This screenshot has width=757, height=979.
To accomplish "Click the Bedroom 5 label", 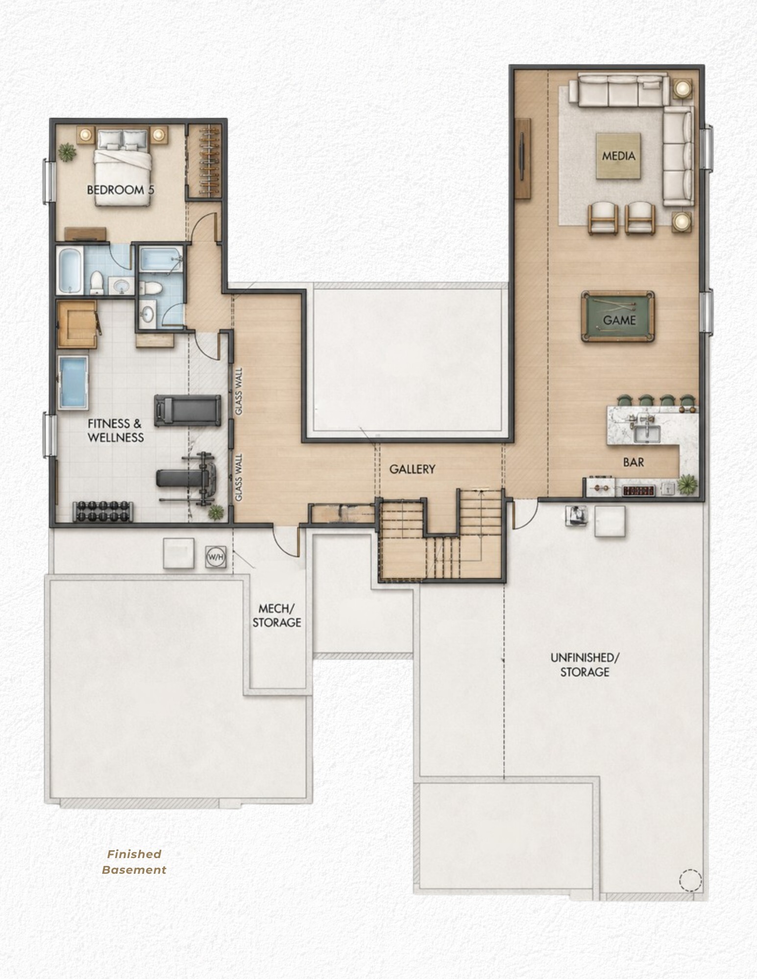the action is coord(121,190).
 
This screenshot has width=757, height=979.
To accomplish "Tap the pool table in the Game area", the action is coord(617,316).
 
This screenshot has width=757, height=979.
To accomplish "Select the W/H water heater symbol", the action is coord(216,557).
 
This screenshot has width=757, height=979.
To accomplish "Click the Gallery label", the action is coord(412,469).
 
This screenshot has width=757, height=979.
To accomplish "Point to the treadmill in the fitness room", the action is coord(187,410).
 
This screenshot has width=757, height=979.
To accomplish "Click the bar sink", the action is coord(647,433).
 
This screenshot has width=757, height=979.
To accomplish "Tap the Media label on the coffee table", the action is coord(618,156).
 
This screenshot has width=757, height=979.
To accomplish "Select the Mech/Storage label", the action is coord(277,615).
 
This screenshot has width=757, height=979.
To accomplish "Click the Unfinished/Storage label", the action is coord(585,664).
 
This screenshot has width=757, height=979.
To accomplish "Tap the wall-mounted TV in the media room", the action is coord(522,158).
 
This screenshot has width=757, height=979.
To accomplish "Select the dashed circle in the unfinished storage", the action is coord(690,880).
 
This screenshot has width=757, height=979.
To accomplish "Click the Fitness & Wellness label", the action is coord(116,430).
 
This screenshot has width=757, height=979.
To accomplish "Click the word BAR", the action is coord(634,462).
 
